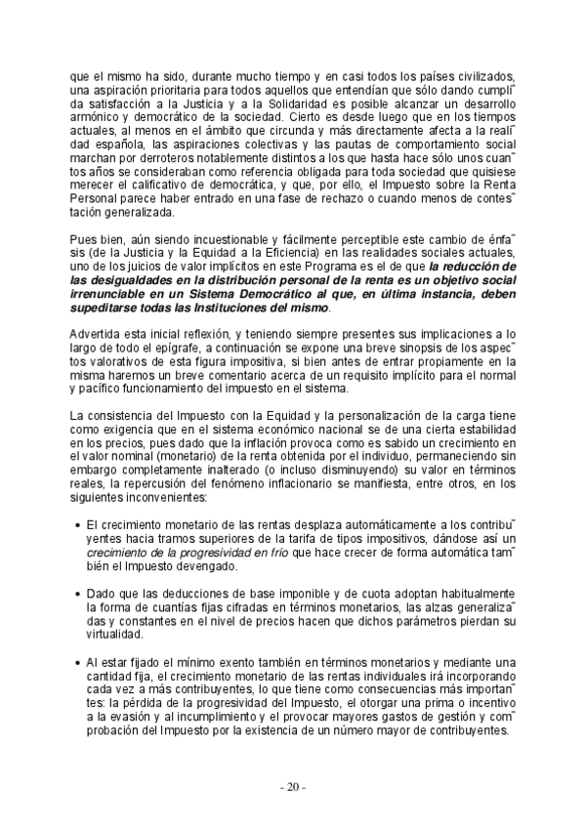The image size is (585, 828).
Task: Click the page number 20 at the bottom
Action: [292, 786]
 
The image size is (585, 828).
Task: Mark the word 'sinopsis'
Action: [414, 350]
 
